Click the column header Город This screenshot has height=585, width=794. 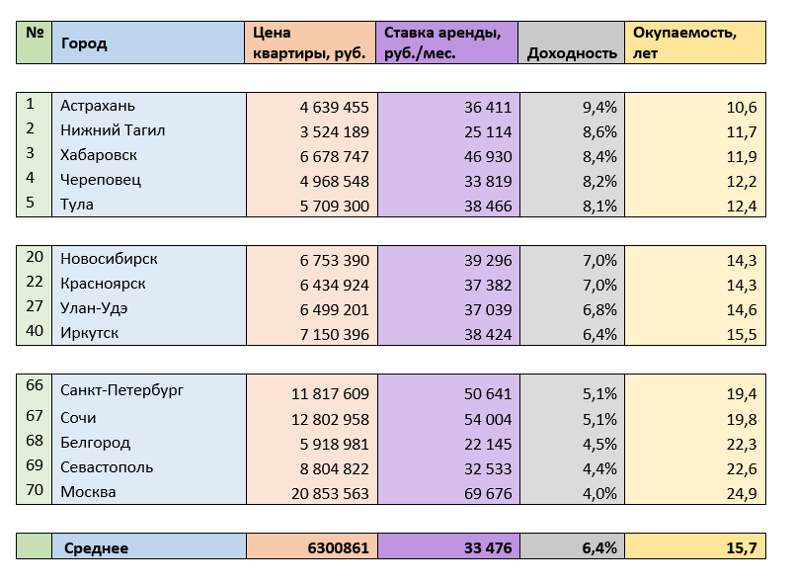pos(84,43)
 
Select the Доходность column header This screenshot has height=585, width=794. pos(572,53)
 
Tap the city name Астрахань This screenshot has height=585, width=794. pos(98,106)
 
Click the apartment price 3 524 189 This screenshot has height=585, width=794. pos(335,131)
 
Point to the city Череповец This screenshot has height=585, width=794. pos(101,180)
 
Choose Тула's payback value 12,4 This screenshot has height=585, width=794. pos(740,206)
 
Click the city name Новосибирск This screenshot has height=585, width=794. pos(109,259)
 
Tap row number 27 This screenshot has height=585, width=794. pos(35,306)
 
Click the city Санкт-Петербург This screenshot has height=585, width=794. pos(121,389)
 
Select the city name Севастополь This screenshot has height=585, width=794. pos(106,466)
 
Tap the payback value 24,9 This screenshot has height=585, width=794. pos(740,492)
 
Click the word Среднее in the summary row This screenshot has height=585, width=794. pos(96,547)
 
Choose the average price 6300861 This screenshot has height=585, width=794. pos(339,547)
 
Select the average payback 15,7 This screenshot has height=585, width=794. pos(739,547)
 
